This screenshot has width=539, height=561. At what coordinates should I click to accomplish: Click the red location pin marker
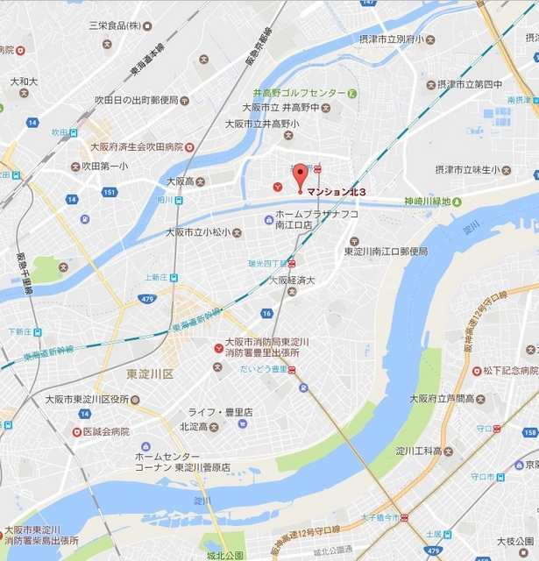pyautogui.click(x=300, y=175)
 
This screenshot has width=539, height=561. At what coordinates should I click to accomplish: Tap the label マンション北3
pyautogui.click(x=337, y=192)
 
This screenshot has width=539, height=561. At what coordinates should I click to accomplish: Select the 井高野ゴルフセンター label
pyautogui.click(x=299, y=93)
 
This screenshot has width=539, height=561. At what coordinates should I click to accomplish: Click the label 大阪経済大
pyautogui.click(x=292, y=280)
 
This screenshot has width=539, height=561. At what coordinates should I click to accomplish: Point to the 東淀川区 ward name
pyautogui.click(x=151, y=373)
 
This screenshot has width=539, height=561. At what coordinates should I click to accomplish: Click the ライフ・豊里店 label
pyautogui.click(x=221, y=412)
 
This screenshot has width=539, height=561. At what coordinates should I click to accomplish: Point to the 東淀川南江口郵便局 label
pyautogui.click(x=385, y=252)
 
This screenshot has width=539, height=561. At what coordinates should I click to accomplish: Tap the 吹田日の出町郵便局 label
pyautogui.click(x=136, y=100)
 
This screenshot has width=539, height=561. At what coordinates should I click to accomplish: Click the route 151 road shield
pyautogui.click(x=110, y=192)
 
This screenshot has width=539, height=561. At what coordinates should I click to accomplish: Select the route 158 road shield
pyautogui.click(x=531, y=433)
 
